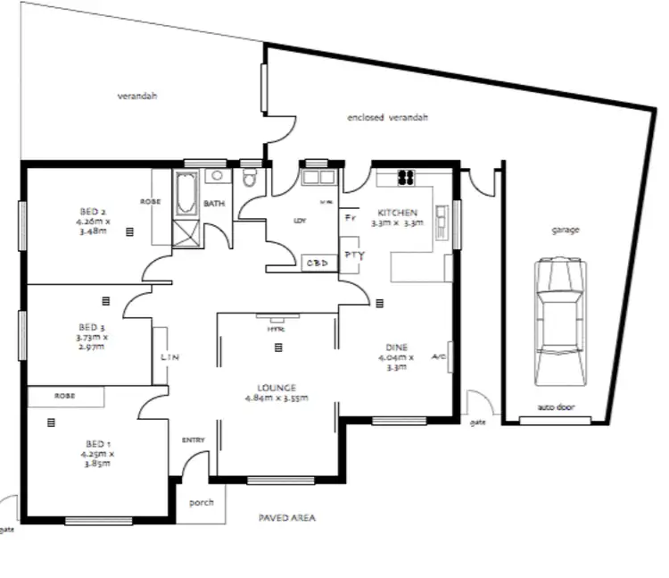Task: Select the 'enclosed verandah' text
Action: click(388, 117)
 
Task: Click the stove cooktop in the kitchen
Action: click(406, 177)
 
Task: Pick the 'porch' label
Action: click(202, 502)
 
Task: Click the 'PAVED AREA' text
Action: click(286, 518)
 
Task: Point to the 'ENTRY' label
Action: click(194, 440)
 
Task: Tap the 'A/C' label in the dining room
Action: click(438, 356)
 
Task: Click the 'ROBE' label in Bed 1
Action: click(64, 395)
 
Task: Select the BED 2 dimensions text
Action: click(93, 225)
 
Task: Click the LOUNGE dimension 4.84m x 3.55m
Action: click(277, 398)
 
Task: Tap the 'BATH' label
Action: click(214, 204)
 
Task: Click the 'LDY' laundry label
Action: click(300, 221)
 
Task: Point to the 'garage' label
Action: click(565, 230)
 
